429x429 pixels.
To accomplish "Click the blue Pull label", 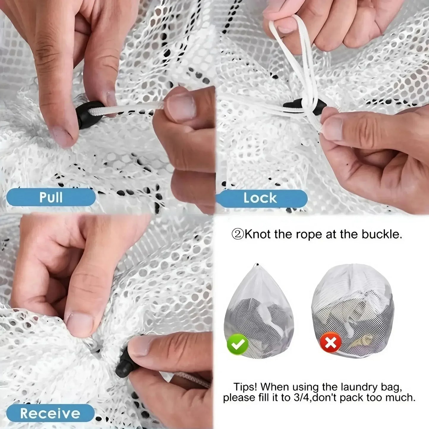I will (51, 197).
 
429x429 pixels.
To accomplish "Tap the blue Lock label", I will (260, 198).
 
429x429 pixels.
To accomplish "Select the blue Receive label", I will (50, 413).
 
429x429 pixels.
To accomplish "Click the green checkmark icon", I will (238, 344).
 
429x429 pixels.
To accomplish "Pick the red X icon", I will (330, 343).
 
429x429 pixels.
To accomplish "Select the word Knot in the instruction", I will (257, 235).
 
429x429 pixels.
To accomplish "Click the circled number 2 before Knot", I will (238, 235).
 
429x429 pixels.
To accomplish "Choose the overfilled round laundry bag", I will (353, 312).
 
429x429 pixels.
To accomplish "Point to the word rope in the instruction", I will (309, 235).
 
